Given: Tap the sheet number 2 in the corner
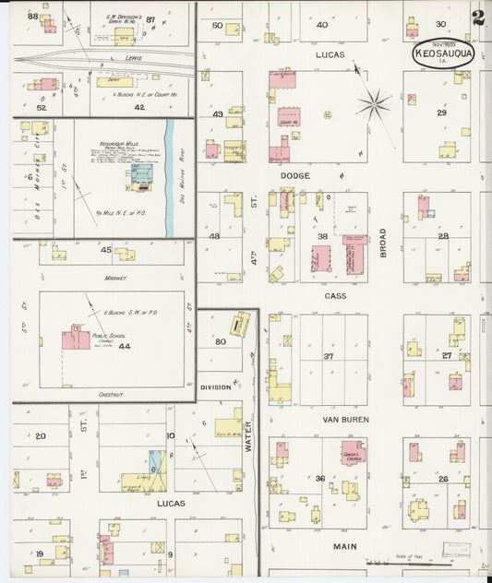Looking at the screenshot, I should [x=477, y=18].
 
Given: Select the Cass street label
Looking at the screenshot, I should [x=334, y=296].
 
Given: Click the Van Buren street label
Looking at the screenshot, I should [x=344, y=420].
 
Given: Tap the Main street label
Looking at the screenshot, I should [x=344, y=546].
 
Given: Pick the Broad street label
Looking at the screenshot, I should [x=382, y=243].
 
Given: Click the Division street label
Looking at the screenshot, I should [x=215, y=387].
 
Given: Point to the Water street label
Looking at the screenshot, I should [x=247, y=436].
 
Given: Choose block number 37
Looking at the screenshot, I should [x=328, y=356].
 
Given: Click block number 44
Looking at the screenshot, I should [x=125, y=345].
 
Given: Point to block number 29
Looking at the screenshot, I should [x=441, y=113].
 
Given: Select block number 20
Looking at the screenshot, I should [x=40, y=435].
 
